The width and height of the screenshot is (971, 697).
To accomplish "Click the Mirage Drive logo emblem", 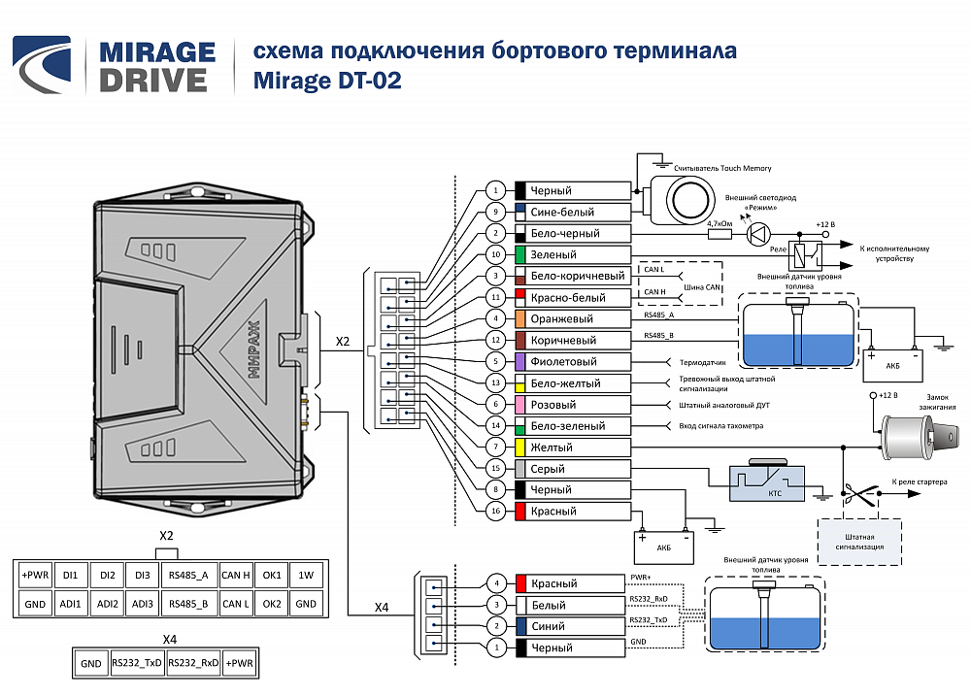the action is click(x=42, y=65).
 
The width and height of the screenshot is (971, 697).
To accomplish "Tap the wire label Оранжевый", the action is click(x=561, y=318).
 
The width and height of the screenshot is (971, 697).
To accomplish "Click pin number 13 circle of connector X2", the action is click(x=495, y=383).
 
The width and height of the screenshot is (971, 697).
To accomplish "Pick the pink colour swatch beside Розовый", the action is click(x=520, y=405).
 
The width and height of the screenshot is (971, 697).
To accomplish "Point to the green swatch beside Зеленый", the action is click(x=520, y=254).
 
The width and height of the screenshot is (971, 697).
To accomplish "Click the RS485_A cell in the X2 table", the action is click(x=189, y=575).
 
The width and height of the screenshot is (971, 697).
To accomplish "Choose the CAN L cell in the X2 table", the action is click(x=235, y=604).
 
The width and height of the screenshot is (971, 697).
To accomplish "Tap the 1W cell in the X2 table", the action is click(x=306, y=575).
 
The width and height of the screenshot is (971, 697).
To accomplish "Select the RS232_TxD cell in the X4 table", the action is click(x=137, y=663).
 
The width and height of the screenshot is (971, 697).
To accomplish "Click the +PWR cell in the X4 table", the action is click(x=239, y=663).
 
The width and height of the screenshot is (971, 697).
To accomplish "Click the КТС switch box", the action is click(x=767, y=482).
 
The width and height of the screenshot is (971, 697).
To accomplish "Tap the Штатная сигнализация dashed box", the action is click(x=859, y=542).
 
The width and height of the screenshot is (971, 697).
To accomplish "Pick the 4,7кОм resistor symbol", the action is click(x=720, y=234).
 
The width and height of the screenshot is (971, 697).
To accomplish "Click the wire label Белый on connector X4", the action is click(x=548, y=605).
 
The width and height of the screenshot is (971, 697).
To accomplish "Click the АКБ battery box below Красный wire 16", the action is click(x=664, y=548).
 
